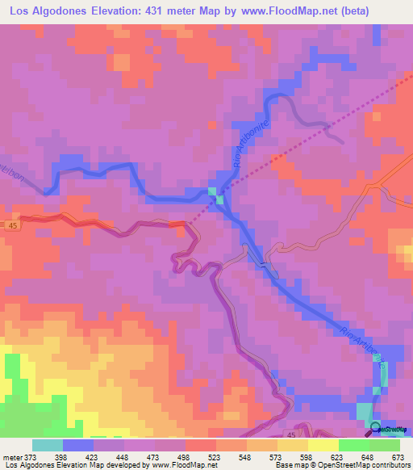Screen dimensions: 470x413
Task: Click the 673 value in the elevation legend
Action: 398,456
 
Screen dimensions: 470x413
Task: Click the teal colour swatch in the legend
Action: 48,445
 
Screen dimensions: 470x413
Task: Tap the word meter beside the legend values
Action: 12,456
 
